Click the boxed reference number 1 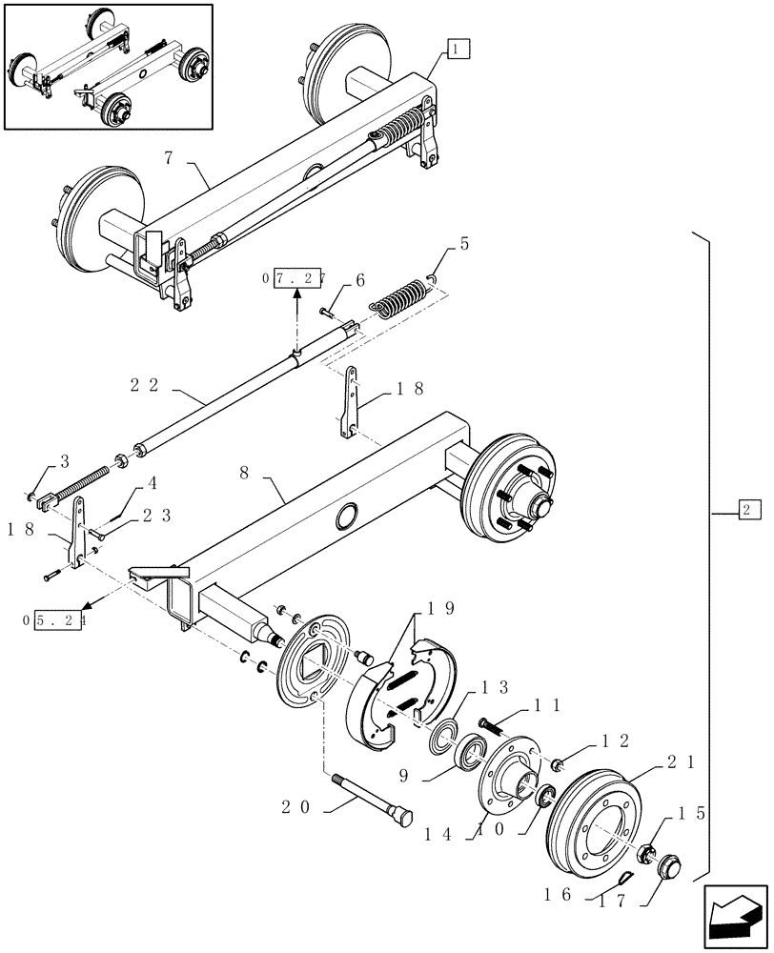point(457,48)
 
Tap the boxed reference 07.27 point(293,278)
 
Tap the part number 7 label point(169,157)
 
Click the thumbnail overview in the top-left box point(108,66)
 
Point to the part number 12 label point(615,740)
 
